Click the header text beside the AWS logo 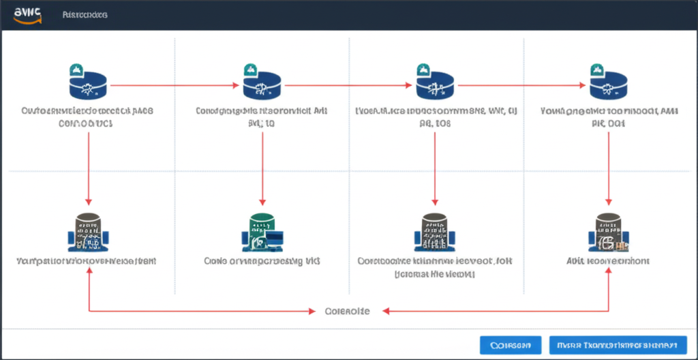pos(84,14)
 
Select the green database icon pos(262,230)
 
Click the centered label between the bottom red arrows pos(347,311)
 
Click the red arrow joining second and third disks pos(348,86)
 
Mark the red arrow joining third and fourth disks pos(521,86)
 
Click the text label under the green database pos(262,261)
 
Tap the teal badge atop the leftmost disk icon pos(76,70)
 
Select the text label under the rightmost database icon pos(608,261)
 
